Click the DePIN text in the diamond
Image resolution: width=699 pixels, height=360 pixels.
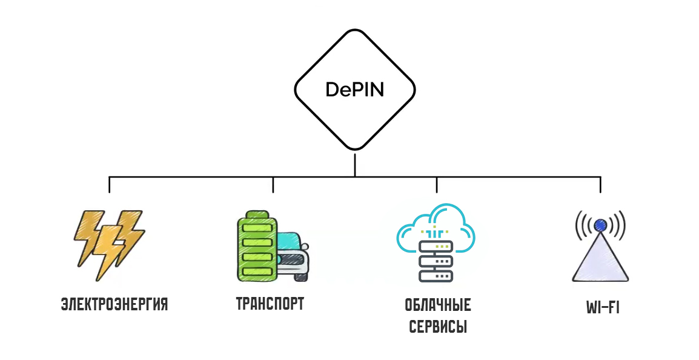pos(354,90)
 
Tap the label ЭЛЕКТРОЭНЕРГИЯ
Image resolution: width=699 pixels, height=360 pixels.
pos(114,304)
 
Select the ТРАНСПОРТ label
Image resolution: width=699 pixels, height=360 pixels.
pos(270,304)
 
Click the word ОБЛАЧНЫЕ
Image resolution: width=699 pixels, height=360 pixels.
pos(437,304)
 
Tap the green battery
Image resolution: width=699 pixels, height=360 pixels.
pos(257,248)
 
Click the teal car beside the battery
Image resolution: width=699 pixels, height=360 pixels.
pos(293,255)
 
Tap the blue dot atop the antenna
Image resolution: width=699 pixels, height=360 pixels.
pos(600,225)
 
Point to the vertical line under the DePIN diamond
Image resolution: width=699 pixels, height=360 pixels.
pos(355,164)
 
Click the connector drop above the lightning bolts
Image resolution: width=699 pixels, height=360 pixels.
pos(109,185)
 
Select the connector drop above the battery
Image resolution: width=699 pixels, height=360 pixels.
pos(273,185)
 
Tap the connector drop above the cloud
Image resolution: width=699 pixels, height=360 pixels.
pos(437,185)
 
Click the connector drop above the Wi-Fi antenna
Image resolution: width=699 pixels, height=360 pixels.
pos(600,185)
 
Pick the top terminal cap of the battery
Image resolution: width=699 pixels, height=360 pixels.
pos(257,214)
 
